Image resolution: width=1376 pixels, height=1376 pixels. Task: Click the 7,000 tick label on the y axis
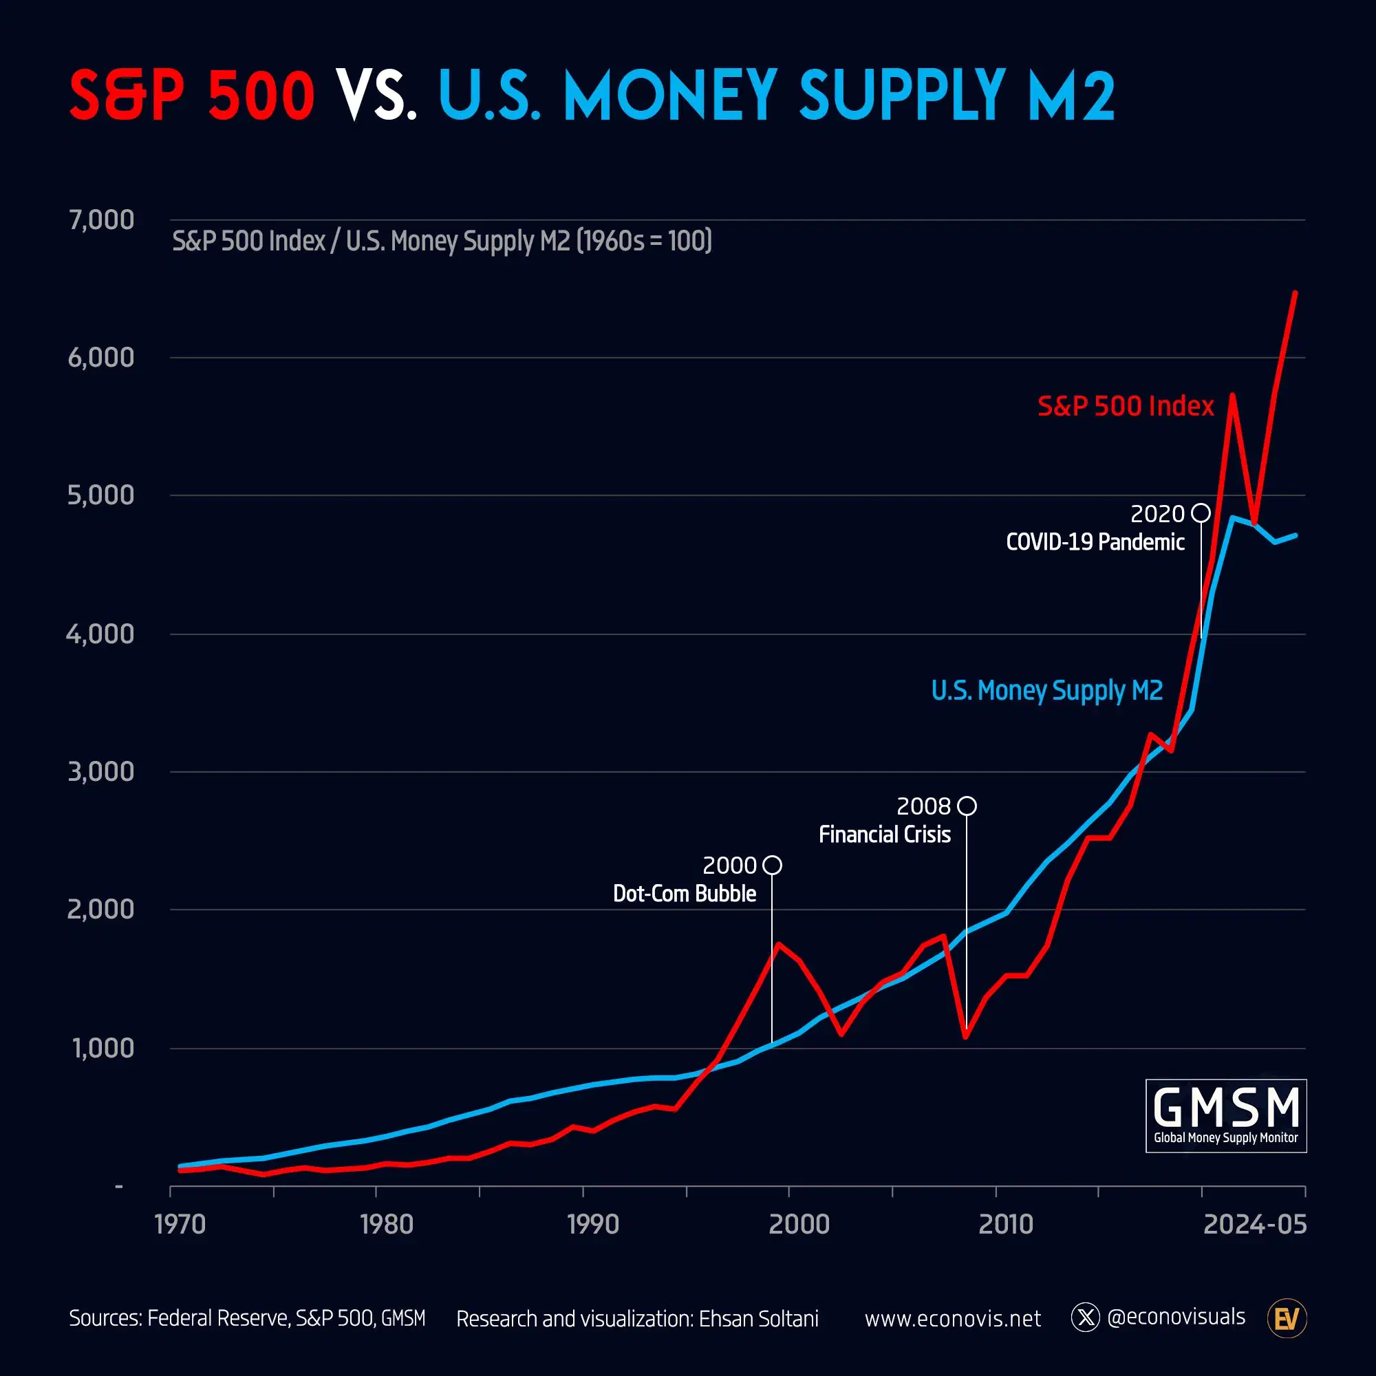(x=101, y=220)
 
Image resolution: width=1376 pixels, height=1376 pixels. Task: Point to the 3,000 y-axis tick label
(x=101, y=771)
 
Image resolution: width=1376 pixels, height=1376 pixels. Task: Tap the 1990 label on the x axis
(x=592, y=1225)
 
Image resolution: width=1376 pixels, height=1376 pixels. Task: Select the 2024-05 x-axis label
(x=1255, y=1225)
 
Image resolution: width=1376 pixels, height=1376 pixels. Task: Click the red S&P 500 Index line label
(x=1126, y=406)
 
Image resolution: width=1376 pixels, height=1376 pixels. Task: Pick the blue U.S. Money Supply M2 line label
(x=1047, y=690)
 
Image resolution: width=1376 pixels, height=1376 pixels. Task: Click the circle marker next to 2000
(x=772, y=866)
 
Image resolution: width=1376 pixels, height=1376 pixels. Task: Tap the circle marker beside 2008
(x=967, y=806)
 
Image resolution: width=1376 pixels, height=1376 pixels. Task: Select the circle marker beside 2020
(x=1201, y=513)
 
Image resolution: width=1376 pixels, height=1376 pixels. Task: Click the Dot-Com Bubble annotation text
(x=685, y=894)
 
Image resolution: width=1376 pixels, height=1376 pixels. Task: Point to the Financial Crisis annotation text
(x=885, y=835)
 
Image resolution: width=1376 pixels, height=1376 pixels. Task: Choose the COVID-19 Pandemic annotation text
(x=1095, y=542)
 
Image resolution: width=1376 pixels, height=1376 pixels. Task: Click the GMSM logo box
(x=1226, y=1115)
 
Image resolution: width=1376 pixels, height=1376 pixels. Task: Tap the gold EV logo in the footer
(x=1287, y=1319)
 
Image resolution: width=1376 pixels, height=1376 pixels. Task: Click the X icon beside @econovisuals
(x=1086, y=1318)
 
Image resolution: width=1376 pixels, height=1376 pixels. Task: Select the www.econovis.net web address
(x=952, y=1319)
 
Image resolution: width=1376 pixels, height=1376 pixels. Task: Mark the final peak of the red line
(x=1295, y=292)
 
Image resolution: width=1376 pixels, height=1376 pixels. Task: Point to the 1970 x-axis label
(x=180, y=1225)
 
